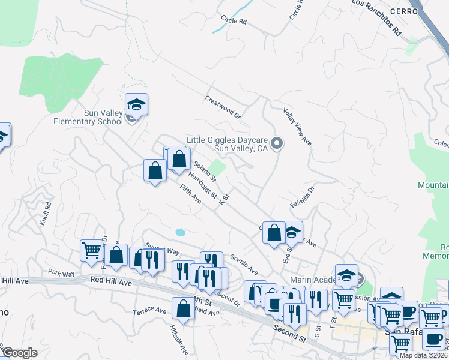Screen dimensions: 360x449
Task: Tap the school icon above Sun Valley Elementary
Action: tap(137, 104)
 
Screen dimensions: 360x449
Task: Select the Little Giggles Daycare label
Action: tap(226, 143)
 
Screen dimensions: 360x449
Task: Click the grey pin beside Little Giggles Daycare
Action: tap(277, 143)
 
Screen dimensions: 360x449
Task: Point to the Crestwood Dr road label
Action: tap(222, 106)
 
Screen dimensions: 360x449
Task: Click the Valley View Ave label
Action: tap(298, 126)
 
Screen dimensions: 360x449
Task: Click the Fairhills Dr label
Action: tap(303, 197)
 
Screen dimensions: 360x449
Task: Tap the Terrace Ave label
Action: tap(149, 310)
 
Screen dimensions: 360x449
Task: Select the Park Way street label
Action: tap(62, 274)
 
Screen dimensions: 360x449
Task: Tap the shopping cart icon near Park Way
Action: tap(91, 250)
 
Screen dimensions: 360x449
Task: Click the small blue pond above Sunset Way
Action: tap(180, 232)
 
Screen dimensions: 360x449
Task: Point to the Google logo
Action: tap(20, 352)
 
